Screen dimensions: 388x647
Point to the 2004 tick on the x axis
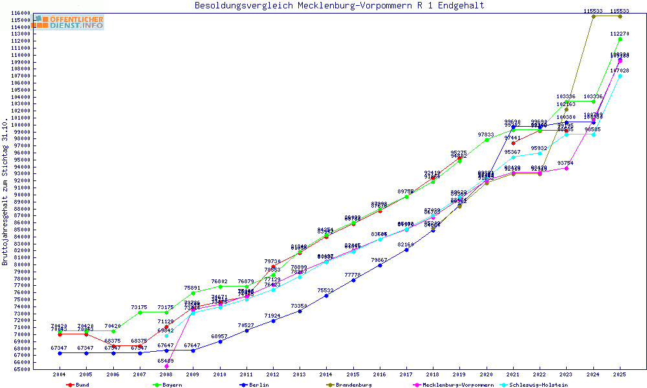pyautogui.click(x=60, y=374)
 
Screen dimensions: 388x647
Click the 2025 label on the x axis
pyautogui.click(x=619, y=374)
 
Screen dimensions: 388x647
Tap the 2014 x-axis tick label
pyautogui.click(x=326, y=374)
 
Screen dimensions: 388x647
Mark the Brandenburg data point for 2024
pyautogui.click(x=593, y=16)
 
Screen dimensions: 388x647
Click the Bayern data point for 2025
pyautogui.click(x=620, y=39)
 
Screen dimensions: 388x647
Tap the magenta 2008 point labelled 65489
pyautogui.click(x=166, y=366)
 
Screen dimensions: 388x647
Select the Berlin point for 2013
pyautogui.click(x=300, y=311)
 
